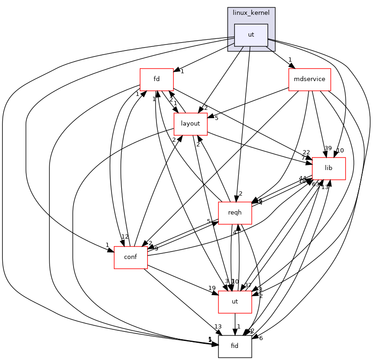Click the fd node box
coord(156,80)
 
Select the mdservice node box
coord(309,80)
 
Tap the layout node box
coord(190,124)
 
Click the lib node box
coord(329,168)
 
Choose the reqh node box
coord(235,213)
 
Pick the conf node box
coord(131,257)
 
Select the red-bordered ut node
coord(235,302)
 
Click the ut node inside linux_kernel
coord(251,35)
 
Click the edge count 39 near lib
coord(328,148)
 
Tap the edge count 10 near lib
coord(340,151)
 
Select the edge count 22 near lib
coord(306,153)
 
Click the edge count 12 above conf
coord(125,237)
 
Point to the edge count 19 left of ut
coord(212,288)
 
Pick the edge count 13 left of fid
coord(218,327)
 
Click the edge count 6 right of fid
coord(261,338)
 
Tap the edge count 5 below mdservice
coord(216,118)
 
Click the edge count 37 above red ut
coord(248,285)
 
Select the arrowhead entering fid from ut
coord(235,332)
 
